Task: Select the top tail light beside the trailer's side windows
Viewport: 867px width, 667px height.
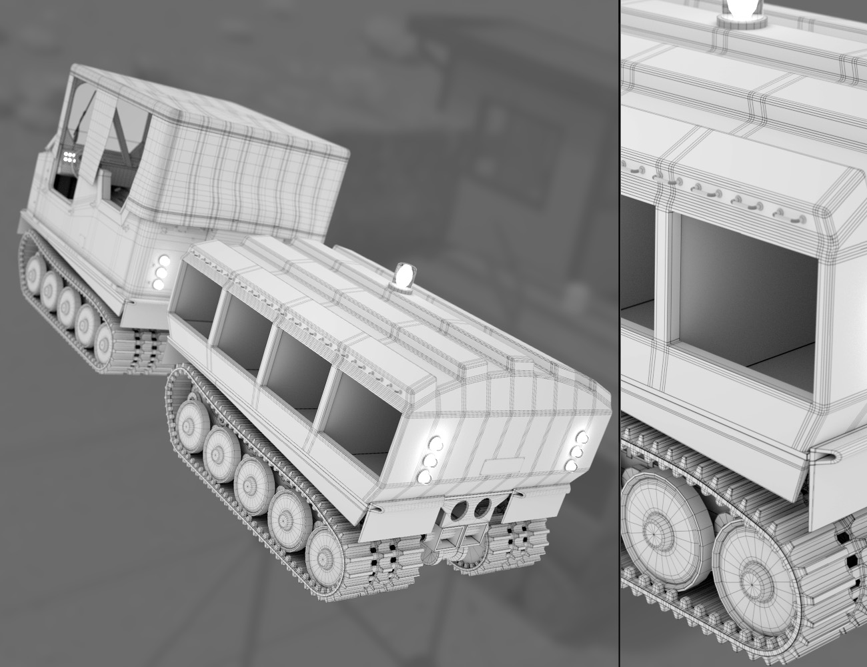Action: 436,443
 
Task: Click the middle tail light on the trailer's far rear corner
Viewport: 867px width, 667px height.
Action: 576,453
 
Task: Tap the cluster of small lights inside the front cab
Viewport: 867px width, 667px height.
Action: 69,157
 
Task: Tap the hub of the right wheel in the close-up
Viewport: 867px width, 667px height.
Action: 754,573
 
